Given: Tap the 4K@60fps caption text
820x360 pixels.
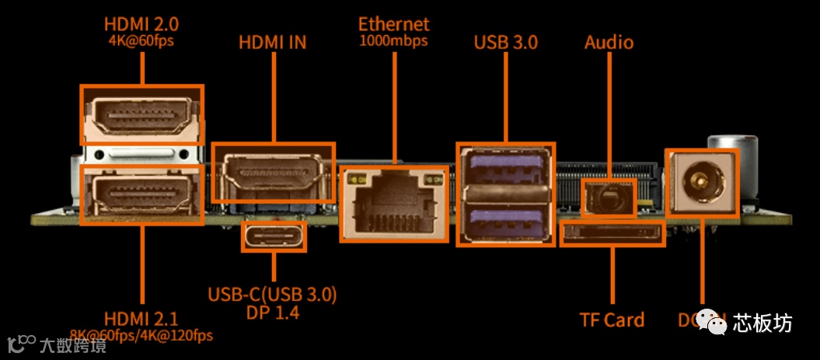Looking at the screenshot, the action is [x=141, y=39].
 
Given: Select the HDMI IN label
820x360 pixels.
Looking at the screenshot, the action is [x=272, y=42].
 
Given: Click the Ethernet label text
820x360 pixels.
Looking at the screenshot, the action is [x=393, y=24].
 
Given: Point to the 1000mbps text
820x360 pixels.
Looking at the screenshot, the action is [x=393, y=40].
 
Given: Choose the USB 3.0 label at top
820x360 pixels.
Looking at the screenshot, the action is [x=505, y=42].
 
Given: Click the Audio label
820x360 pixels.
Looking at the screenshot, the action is [x=609, y=42].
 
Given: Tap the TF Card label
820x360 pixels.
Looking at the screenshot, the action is [x=612, y=320].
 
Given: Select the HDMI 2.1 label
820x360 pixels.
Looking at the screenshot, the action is [x=141, y=319].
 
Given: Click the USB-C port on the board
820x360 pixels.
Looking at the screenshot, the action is [x=274, y=237].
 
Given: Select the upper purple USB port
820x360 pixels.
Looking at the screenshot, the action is [x=504, y=167].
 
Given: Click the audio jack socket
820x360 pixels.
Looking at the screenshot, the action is [x=609, y=197].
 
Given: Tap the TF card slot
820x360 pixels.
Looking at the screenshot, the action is [x=612, y=233].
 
